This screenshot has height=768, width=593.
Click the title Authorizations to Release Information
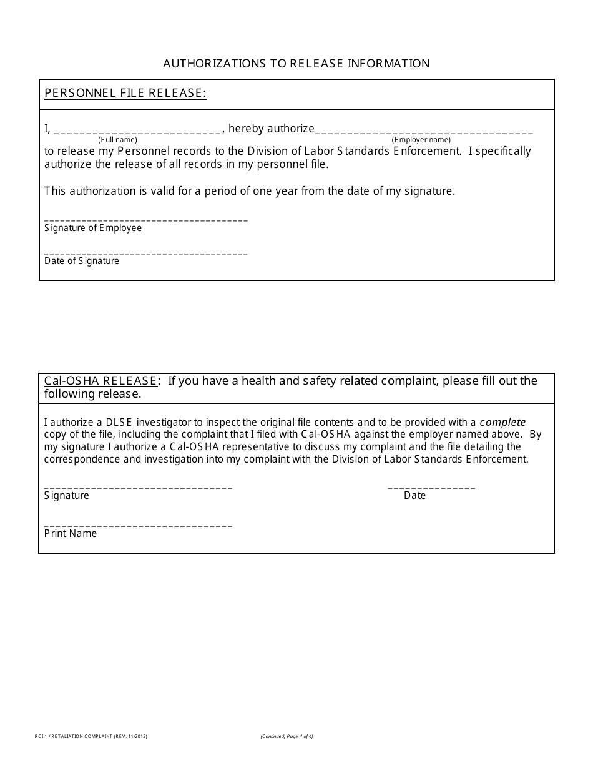click(296, 63)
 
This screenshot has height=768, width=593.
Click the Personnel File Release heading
click(125, 93)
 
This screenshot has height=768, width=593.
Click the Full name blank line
click(138, 130)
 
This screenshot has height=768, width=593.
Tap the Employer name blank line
click(424, 130)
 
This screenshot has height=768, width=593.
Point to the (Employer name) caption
click(421, 140)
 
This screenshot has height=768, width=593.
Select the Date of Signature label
click(82, 261)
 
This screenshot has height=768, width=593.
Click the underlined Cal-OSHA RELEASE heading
click(100, 381)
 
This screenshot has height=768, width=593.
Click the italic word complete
click(502, 422)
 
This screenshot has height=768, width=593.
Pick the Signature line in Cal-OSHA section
click(138, 486)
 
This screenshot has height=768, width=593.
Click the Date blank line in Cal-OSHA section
click(431, 486)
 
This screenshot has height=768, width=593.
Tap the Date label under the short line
click(414, 496)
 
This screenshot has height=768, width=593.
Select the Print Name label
click(71, 534)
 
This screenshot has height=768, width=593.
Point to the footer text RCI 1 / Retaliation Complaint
click(91, 737)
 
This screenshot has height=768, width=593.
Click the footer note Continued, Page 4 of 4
click(287, 737)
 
